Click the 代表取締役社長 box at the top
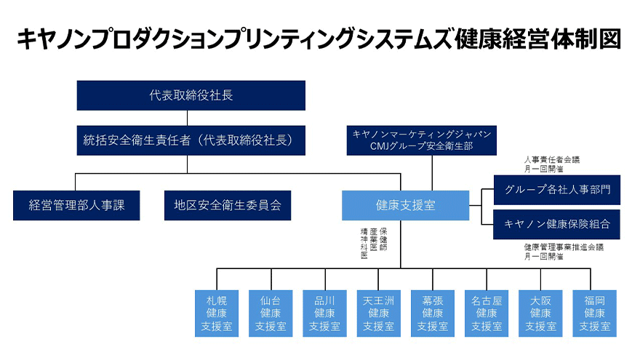click(191, 95)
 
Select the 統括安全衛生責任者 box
click(191, 140)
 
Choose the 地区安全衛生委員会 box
click(228, 205)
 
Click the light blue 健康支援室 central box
click(406, 205)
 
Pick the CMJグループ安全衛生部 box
click(422, 140)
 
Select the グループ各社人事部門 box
click(556, 190)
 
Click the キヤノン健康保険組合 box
click(556, 224)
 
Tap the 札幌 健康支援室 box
click(217, 313)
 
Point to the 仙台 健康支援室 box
click(271, 313)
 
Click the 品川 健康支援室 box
click(324, 313)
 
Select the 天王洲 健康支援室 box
click(378, 313)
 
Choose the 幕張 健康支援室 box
click(433, 313)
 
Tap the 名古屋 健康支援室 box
click(487, 313)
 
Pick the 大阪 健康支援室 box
click(540, 313)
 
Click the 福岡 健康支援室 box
click(594, 313)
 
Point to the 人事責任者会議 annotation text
click(552, 160)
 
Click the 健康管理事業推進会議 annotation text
click(563, 247)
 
